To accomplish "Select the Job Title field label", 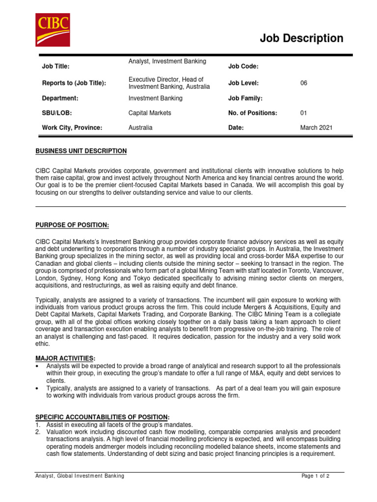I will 56,67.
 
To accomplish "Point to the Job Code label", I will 243,67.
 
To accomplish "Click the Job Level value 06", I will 304,83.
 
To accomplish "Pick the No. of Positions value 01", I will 304,113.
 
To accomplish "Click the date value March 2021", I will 316,127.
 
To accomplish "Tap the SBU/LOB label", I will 57,113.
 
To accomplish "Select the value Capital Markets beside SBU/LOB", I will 150,113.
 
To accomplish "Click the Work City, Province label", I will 72,127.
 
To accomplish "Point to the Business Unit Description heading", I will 81,151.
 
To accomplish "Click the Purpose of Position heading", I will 72,225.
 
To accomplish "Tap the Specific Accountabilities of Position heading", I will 102,416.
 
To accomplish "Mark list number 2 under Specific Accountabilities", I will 38,431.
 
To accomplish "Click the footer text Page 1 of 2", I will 315,476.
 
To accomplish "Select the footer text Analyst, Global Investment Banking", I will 80,476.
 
